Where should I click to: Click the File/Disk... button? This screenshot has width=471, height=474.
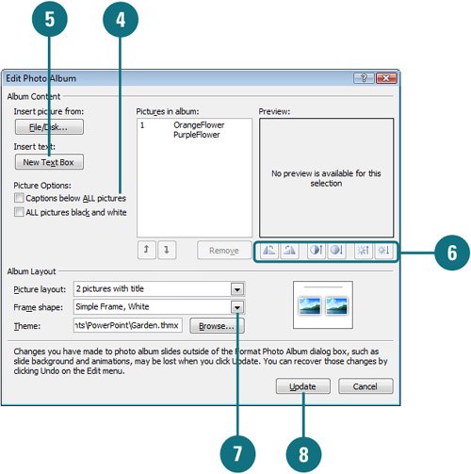coord(49,127)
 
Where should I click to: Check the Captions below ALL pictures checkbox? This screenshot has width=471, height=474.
coord(19,198)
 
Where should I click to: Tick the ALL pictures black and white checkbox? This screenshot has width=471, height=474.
coord(19,212)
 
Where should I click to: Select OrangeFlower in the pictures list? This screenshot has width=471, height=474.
coord(199,125)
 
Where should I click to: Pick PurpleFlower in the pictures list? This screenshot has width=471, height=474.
coord(197,135)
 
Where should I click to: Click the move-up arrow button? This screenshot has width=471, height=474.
coord(147,250)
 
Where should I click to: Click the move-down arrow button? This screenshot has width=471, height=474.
coord(167,250)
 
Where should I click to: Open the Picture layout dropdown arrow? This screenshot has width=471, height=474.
coord(237,289)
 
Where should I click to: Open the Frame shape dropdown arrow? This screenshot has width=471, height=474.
coord(237,307)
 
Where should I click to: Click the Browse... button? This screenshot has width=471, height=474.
coord(217,326)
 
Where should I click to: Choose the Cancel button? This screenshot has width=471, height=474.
coord(365,386)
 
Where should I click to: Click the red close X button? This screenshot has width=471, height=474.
coord(386,78)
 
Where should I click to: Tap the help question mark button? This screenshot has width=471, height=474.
coord(364,78)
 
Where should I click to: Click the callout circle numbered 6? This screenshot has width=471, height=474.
coord(452,253)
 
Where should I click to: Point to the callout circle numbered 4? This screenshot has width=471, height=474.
coord(121,20)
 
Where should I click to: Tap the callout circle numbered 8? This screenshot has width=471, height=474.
coord(303,454)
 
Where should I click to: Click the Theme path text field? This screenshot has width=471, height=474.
coord(128,325)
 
